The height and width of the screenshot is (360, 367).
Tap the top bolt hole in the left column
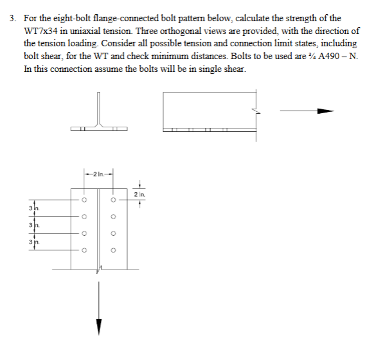83,199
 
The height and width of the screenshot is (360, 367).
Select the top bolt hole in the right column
112,199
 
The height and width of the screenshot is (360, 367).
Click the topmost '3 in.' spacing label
33,208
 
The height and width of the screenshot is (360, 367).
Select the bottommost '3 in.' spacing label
33,241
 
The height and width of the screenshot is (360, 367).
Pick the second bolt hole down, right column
112,216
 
